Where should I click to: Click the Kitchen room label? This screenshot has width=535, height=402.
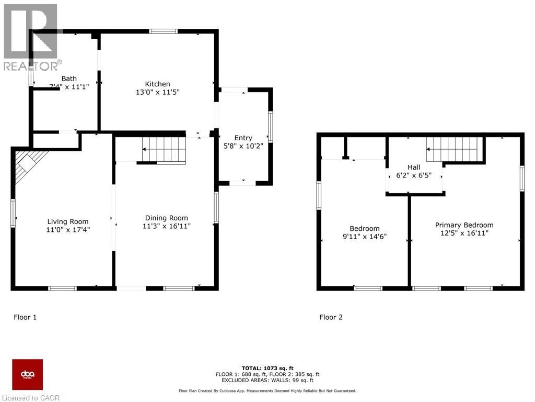coord(157,84)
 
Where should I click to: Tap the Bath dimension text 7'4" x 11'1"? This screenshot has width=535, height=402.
coord(65,87)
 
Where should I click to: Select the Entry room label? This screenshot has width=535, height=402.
coord(243,138)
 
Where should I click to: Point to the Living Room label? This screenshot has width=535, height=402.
coord(68,221)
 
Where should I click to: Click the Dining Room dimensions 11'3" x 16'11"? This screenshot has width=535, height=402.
coord(166,226)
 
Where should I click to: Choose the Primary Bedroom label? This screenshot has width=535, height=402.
coord(464,225)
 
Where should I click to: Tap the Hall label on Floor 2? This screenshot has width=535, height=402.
coord(414,167)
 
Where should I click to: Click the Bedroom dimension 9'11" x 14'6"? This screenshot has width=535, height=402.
coord(365,237)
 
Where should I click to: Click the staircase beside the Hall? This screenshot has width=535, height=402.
coord(453,150)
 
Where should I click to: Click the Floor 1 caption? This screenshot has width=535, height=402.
coord(25,317)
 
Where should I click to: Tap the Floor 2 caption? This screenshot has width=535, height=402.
coord(331,317)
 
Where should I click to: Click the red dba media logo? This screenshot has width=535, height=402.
coord(27,374)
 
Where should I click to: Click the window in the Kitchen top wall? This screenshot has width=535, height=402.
coord(163,31)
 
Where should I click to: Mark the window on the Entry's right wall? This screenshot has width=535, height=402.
coord(270,127)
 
